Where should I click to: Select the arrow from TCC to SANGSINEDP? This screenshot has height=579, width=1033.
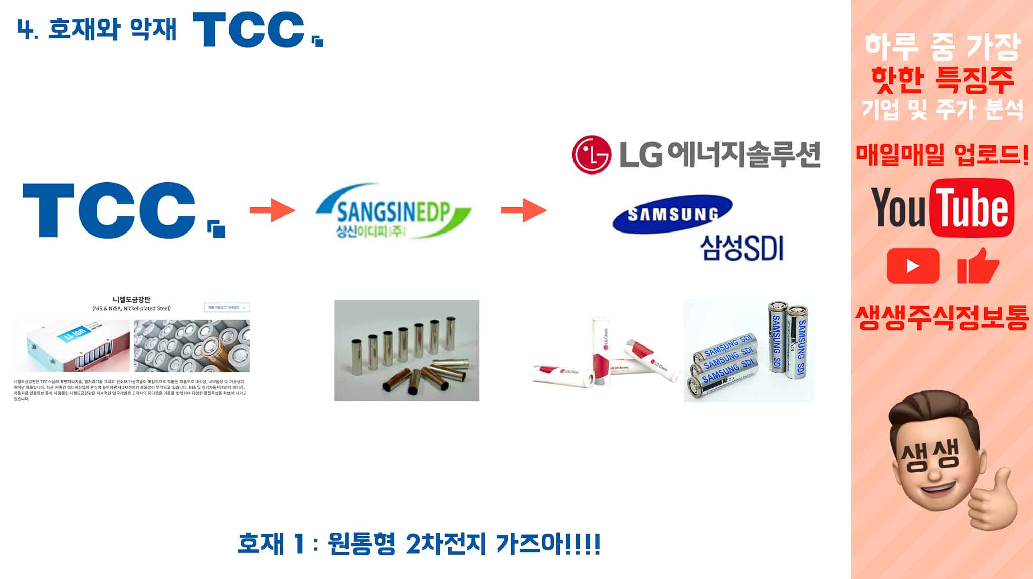272,210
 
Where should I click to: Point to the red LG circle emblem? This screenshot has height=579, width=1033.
591,154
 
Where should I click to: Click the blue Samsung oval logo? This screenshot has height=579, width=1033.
672,214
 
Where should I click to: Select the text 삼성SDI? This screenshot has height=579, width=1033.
741,248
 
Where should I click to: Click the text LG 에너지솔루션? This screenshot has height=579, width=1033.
719,154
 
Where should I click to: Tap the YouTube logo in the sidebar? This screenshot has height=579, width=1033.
942,208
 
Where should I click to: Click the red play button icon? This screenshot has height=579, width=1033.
913,266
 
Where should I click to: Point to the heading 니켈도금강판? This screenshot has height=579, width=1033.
132,299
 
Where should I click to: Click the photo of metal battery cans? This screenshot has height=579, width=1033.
407,351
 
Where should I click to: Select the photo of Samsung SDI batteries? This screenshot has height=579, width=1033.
749,351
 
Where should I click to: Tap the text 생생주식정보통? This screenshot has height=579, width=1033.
942,318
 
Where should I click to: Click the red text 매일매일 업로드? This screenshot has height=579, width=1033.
942,154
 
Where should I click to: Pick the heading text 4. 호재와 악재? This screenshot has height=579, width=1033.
96,30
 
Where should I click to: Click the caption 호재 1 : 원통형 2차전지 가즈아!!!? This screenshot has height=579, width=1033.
419,544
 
